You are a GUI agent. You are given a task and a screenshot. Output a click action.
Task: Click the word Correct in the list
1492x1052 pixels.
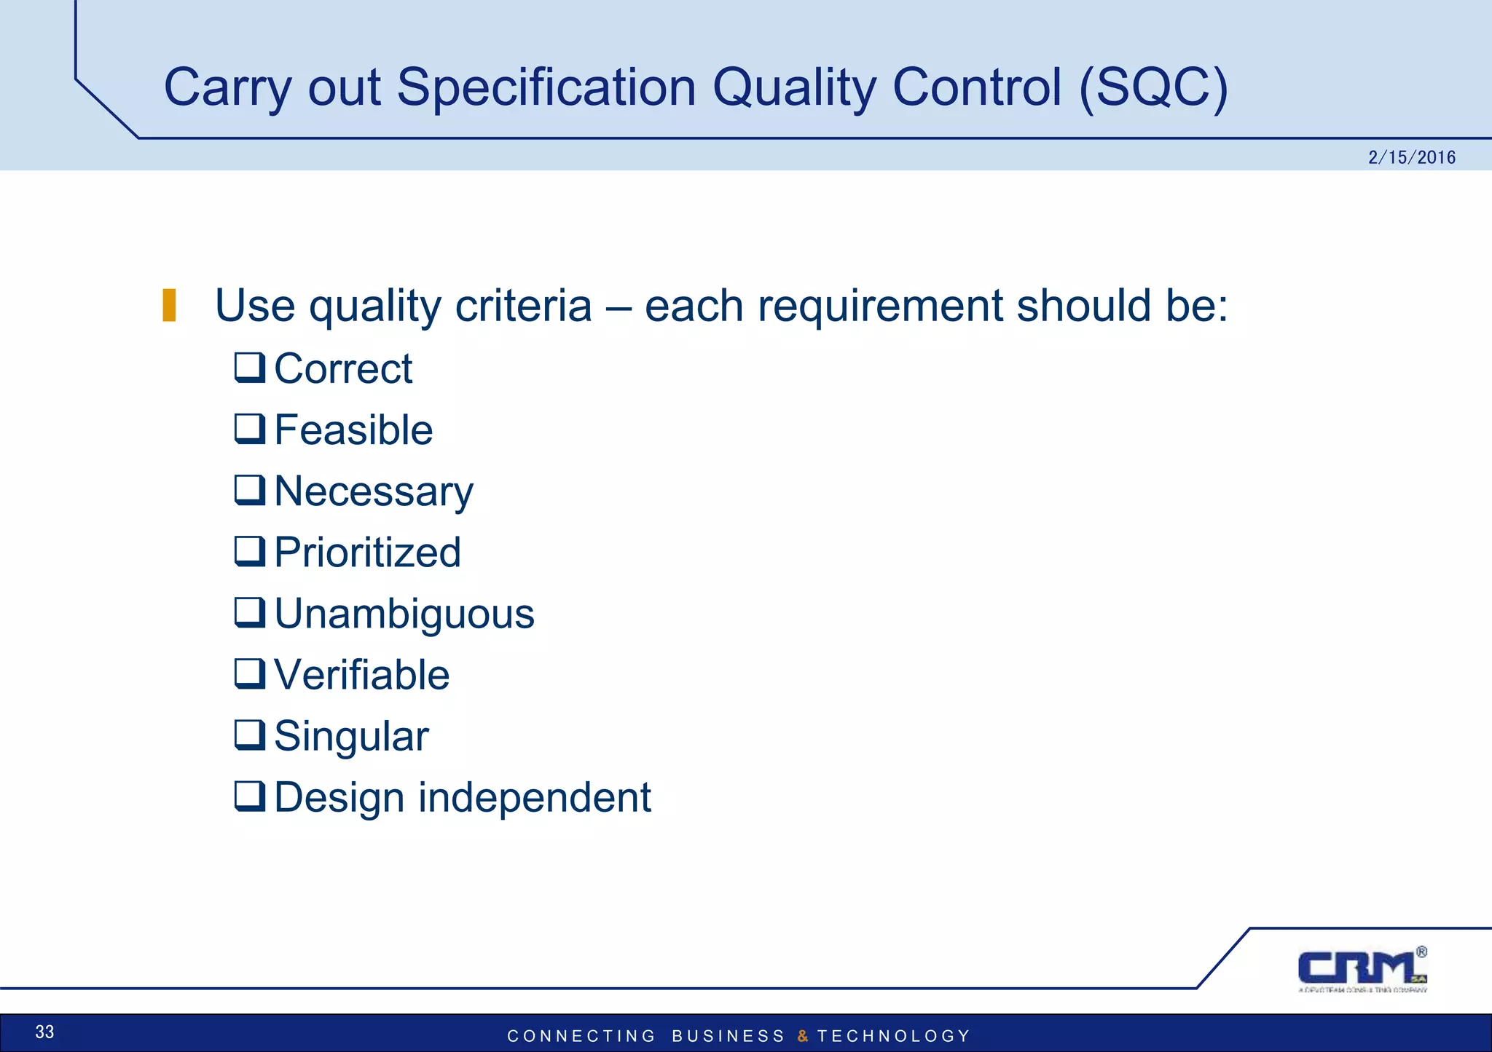[x=343, y=369]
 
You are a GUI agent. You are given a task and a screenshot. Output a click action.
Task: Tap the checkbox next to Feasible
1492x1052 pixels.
[x=249, y=429]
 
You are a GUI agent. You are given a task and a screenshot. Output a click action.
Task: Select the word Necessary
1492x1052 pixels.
[x=374, y=491]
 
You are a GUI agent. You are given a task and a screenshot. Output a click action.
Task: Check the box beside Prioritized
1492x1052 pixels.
[x=249, y=551]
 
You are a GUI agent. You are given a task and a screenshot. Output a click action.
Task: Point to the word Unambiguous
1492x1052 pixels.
[x=404, y=614]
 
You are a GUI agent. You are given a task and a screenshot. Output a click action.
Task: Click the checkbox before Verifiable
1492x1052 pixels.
[x=249, y=673]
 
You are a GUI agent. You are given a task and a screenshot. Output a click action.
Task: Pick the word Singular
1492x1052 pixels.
[x=351, y=736]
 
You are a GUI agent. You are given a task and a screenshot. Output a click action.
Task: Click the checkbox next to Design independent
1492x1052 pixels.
[x=249, y=796]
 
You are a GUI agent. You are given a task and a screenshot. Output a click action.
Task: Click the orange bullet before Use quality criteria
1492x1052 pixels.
[x=169, y=305]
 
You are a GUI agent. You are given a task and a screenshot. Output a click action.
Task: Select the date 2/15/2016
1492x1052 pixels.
[x=1411, y=157]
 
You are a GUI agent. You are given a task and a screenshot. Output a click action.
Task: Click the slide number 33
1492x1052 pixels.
[x=44, y=1032]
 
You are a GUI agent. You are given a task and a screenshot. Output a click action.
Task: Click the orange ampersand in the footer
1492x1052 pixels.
[x=802, y=1036]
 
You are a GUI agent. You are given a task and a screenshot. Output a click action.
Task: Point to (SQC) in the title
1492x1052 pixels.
[x=1153, y=87]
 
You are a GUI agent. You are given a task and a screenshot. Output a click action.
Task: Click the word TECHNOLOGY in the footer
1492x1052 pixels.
[x=893, y=1036]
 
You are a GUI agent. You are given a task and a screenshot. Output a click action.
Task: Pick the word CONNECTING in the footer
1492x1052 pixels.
[x=581, y=1036]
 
